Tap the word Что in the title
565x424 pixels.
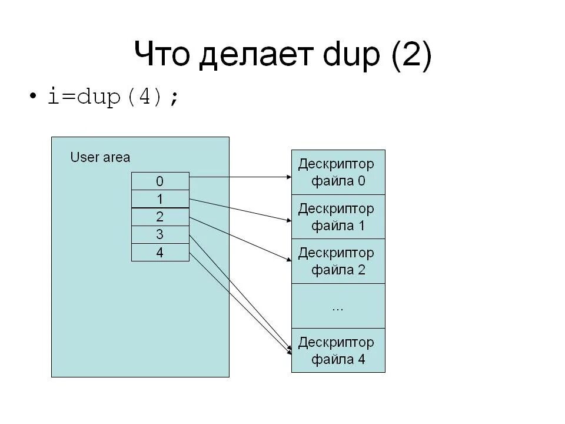[x=162, y=55]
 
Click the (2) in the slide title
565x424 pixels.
[x=410, y=57]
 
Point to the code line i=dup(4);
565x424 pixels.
[x=112, y=97]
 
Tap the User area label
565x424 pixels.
[x=100, y=157]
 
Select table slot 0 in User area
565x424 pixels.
[x=160, y=181]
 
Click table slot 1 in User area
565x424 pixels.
[x=160, y=199]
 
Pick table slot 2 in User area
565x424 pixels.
[x=160, y=217]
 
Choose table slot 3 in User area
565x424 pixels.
[x=160, y=234]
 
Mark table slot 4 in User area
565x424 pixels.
[x=160, y=252]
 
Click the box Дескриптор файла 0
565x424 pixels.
[x=338, y=172]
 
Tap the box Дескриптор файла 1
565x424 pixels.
[x=338, y=217]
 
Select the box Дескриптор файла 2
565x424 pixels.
[x=338, y=261]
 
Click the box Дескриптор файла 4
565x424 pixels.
[x=338, y=350]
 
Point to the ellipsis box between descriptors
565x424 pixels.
[x=338, y=306]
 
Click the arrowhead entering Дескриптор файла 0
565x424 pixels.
[x=288, y=176]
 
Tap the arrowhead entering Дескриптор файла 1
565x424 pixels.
[x=288, y=221]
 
